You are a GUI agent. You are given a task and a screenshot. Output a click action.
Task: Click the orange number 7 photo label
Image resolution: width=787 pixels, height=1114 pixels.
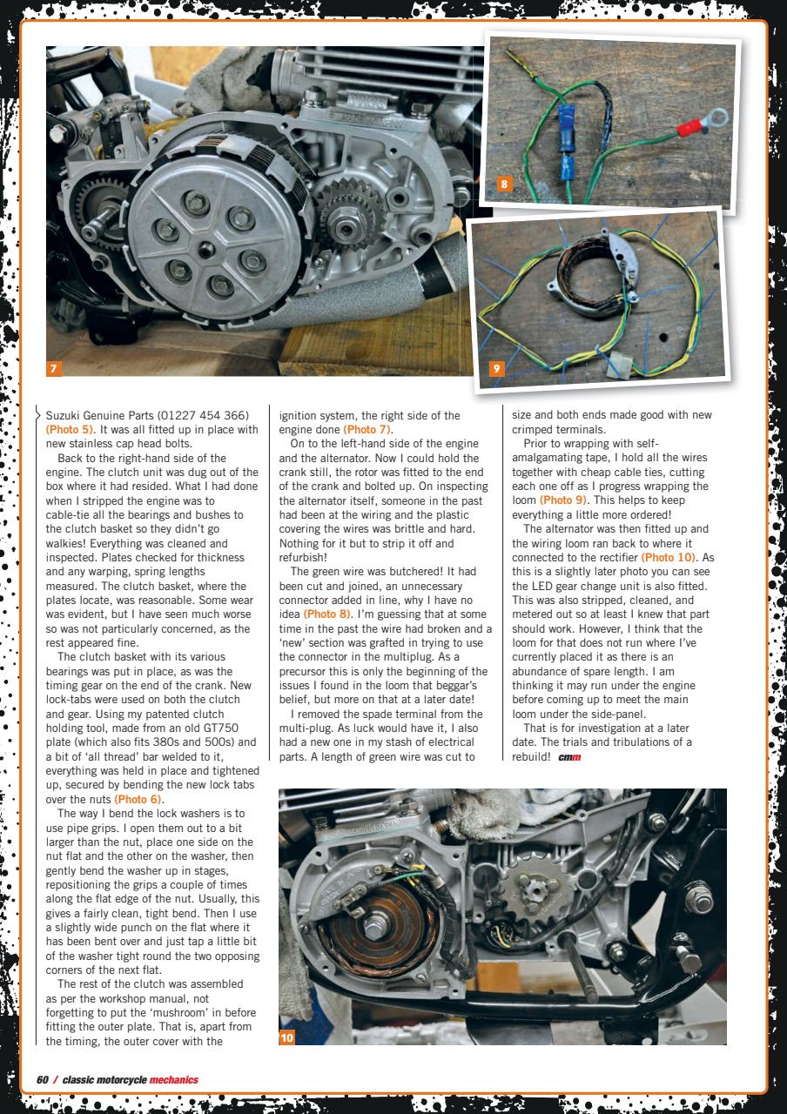point(54,369)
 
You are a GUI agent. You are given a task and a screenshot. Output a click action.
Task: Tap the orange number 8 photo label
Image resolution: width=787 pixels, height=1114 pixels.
point(505,183)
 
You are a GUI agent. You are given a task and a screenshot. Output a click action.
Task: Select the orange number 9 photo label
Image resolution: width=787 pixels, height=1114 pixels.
point(496,369)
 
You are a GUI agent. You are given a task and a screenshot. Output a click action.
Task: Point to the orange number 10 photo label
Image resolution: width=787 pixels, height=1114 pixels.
point(288,1037)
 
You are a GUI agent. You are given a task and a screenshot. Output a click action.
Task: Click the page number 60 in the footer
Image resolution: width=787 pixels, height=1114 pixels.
point(42,1080)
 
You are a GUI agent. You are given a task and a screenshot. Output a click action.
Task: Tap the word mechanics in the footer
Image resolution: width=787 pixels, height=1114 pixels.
point(173,1080)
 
